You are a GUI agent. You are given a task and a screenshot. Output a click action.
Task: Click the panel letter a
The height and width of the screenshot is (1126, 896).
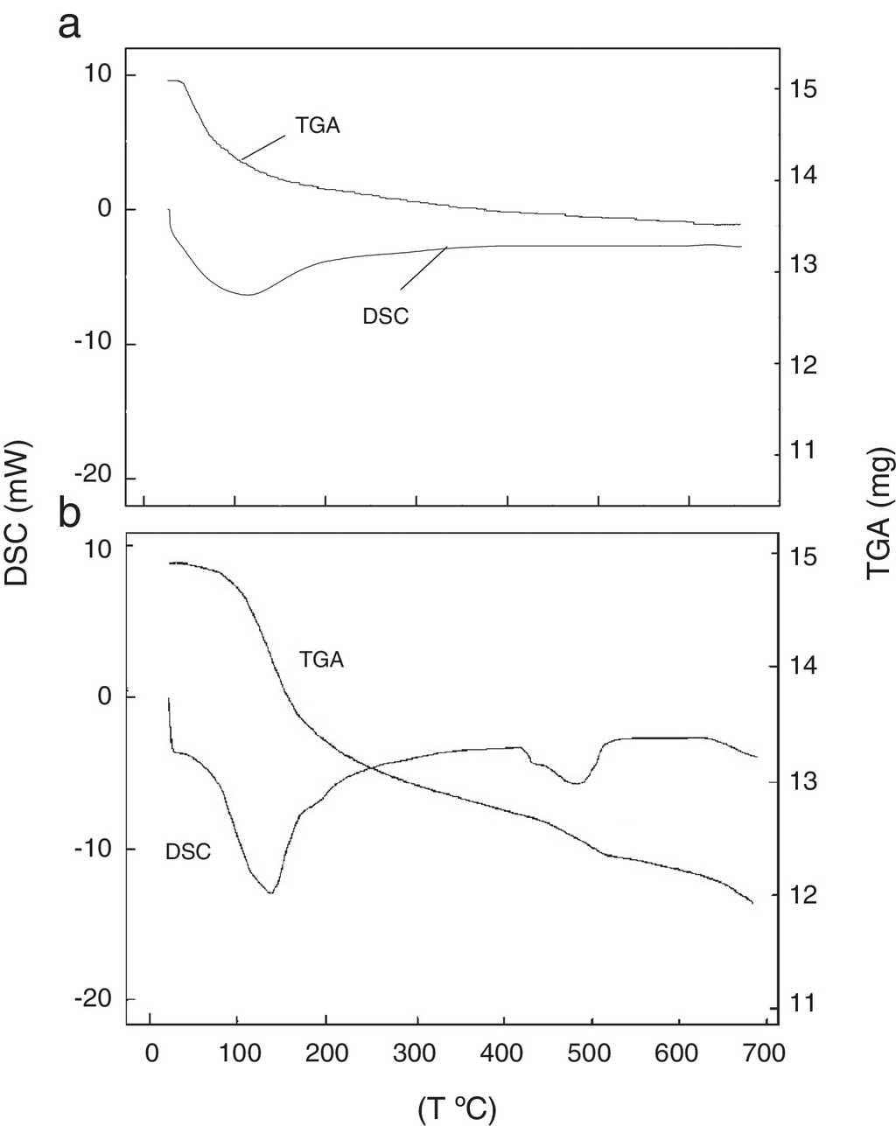tap(70, 26)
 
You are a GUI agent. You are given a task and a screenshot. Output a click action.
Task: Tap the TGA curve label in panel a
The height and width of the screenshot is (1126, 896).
tap(317, 125)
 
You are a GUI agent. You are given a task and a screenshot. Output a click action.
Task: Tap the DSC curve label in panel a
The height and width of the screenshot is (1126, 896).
tap(386, 317)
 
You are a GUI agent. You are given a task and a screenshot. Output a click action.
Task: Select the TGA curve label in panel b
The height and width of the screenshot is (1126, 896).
tap(321, 661)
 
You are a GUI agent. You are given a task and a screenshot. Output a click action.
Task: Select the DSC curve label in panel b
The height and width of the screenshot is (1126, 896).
tap(188, 850)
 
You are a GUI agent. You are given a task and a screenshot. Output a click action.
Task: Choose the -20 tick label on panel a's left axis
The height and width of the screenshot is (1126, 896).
tap(94, 478)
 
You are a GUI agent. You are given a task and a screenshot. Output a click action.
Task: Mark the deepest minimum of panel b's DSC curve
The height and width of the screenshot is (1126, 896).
tap(271, 892)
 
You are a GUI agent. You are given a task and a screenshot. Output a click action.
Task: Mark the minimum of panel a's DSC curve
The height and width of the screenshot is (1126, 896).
tap(248, 295)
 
